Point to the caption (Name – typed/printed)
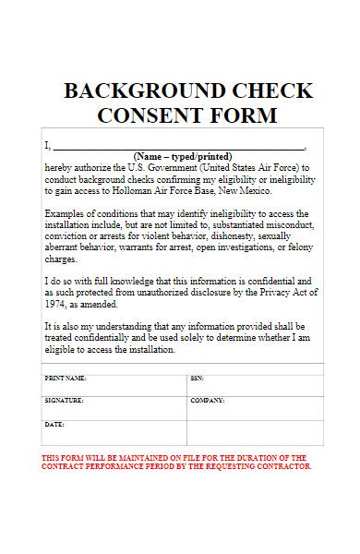[183, 156]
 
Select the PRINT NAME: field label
[66, 379]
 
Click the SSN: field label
[197, 379]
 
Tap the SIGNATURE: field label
[64, 401]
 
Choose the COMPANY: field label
[208, 401]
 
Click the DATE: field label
[54, 424]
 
